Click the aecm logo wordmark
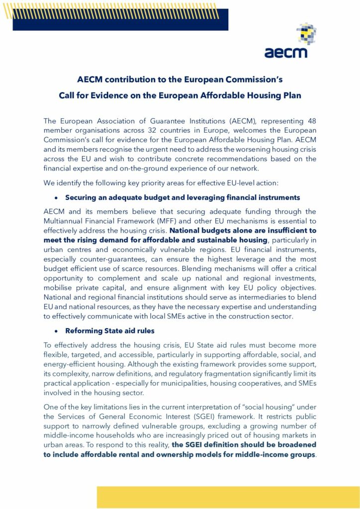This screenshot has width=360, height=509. tap(285, 51)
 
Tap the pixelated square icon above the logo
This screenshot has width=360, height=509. tap(306, 33)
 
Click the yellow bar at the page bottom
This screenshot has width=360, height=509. tap(228, 497)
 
